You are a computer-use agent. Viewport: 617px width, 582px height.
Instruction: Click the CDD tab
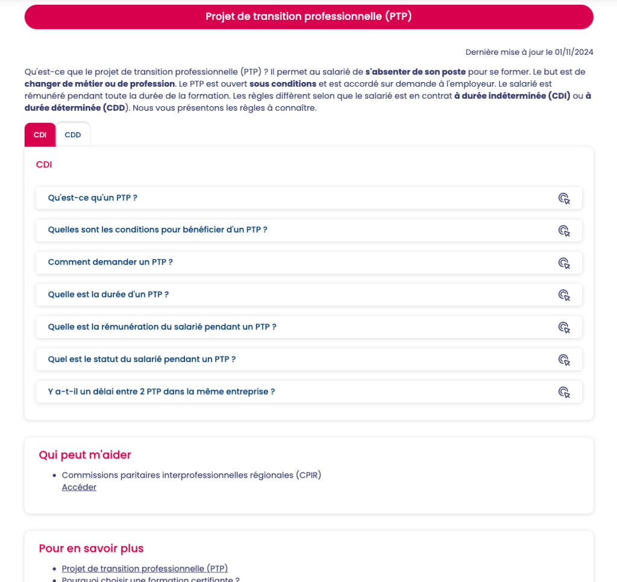tap(73, 135)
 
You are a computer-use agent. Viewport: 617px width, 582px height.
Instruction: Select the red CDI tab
tap(40, 135)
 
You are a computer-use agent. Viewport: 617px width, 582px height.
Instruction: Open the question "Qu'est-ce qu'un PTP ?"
tap(93, 198)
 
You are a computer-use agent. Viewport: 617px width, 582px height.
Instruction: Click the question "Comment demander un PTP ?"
tap(110, 262)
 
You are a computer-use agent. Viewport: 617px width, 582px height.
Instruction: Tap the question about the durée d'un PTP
tap(108, 295)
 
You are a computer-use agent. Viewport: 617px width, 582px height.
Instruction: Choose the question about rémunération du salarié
tap(161, 327)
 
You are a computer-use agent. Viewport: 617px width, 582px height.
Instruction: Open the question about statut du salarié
tap(142, 359)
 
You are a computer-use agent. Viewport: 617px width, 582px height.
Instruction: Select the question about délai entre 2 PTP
tap(161, 392)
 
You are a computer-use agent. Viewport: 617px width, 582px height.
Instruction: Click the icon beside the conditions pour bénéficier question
tap(563, 230)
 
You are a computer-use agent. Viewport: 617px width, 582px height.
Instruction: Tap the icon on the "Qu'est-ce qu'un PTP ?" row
tap(563, 198)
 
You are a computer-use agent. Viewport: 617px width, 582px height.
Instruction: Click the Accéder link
tap(79, 487)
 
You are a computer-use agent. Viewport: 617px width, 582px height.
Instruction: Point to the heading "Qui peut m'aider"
tap(85, 455)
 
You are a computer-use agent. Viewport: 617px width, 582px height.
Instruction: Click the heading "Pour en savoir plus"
tap(91, 548)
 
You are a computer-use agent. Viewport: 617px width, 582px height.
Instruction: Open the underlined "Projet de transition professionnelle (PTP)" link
tap(145, 568)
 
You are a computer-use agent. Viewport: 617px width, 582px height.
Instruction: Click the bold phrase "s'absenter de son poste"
tap(416, 72)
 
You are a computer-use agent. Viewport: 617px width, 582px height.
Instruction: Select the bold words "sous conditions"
tap(283, 84)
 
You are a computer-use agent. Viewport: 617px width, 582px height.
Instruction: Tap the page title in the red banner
tap(308, 17)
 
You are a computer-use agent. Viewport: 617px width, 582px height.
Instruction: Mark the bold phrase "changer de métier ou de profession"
tap(100, 84)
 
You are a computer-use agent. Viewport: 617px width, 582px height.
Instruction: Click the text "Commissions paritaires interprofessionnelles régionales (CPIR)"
tap(192, 475)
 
